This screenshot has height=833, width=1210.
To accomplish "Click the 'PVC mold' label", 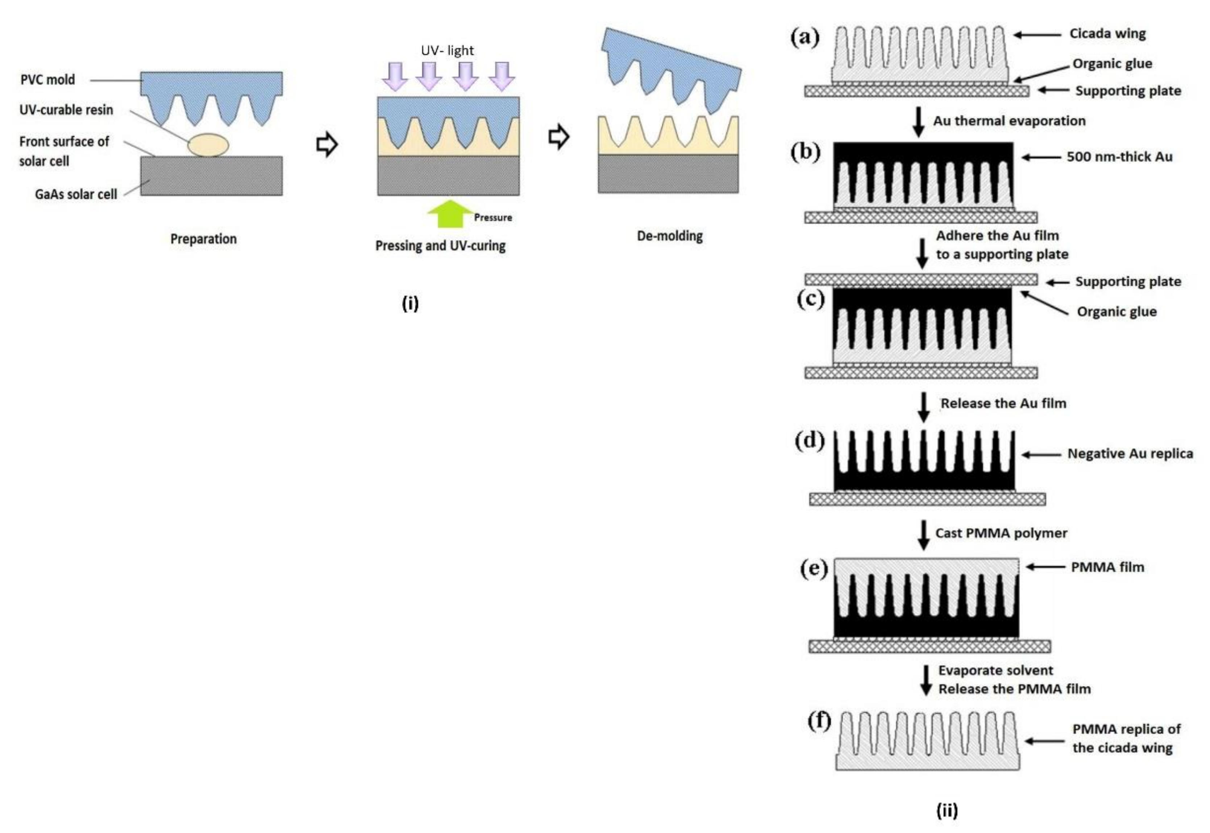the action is click(x=47, y=80).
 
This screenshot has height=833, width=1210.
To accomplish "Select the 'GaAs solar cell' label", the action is click(x=76, y=194).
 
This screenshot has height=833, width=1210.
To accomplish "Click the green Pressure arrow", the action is click(x=449, y=213).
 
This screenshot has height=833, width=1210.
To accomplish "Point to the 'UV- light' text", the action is click(x=447, y=51).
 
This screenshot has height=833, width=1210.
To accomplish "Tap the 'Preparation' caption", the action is click(x=204, y=239).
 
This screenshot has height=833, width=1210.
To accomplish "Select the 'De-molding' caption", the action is click(x=670, y=236).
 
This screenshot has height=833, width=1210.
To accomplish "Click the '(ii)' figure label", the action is click(x=947, y=811).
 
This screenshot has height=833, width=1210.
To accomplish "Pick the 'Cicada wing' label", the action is click(x=1108, y=33).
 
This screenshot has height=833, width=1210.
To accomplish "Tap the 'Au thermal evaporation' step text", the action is click(x=1009, y=121).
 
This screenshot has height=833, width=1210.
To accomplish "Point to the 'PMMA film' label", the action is click(x=1107, y=567).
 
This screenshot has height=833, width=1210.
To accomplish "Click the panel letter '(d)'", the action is click(x=810, y=441).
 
